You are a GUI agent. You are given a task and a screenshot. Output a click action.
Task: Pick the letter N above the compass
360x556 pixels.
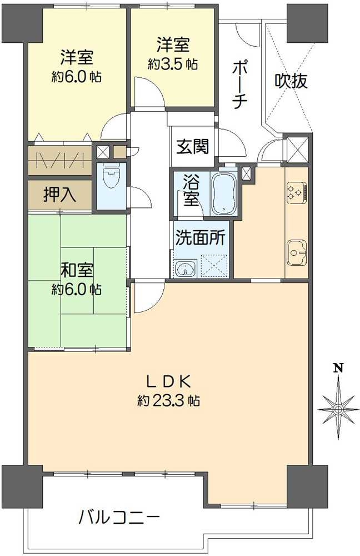(x=337, y=368)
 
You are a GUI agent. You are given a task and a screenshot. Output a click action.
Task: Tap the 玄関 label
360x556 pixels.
(x=193, y=147)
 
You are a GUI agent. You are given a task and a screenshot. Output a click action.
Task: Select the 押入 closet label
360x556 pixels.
(x=60, y=195)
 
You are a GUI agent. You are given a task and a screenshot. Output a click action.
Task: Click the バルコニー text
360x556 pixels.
(x=119, y=519)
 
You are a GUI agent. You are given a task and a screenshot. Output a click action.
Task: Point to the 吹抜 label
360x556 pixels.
(x=291, y=82)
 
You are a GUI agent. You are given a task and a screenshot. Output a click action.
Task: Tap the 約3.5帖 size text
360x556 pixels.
(x=172, y=64)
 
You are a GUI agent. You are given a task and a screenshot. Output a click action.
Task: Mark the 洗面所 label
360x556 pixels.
(x=201, y=238)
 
